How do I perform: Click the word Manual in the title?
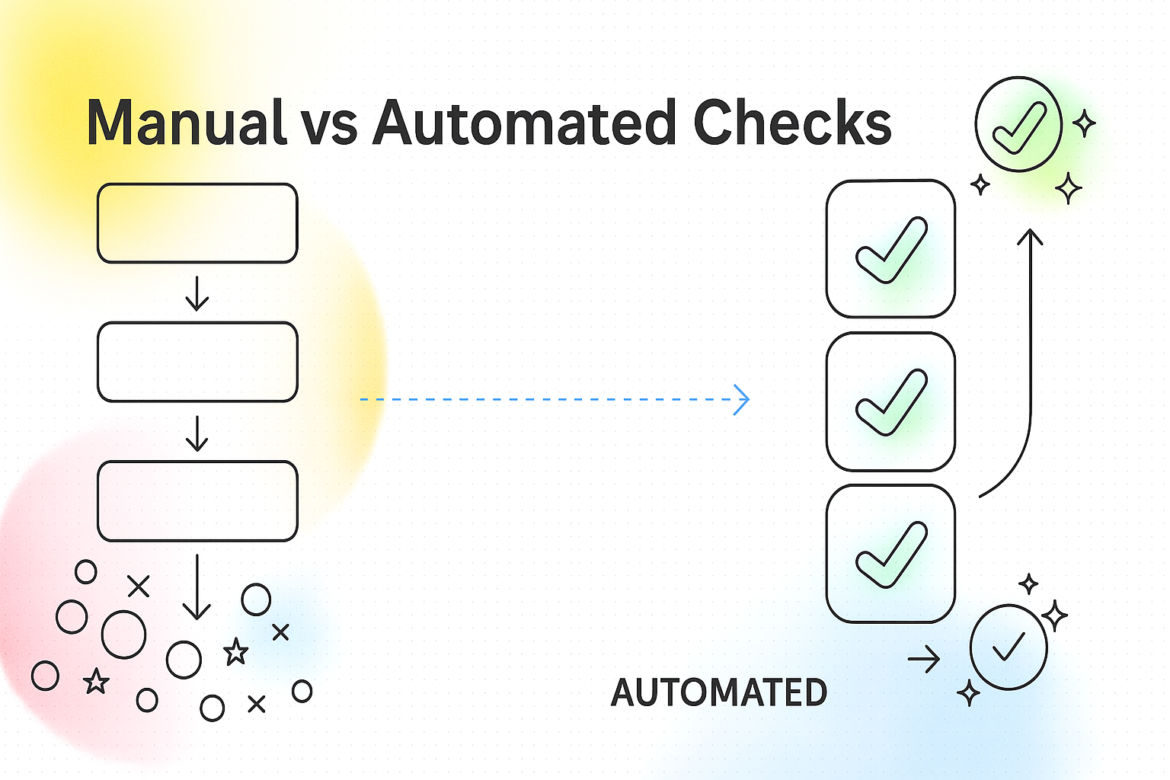[185, 123]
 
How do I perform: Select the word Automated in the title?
[524, 123]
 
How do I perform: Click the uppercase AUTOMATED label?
[718, 692]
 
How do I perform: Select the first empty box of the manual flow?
[197, 223]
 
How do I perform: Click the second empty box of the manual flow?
[197, 362]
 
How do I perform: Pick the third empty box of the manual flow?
[197, 500]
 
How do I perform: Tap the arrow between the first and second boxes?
[197, 294]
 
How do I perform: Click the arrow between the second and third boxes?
[197, 433]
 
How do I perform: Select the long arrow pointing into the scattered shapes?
[197, 587]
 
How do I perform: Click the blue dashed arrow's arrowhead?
[742, 399]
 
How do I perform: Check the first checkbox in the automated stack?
[890, 249]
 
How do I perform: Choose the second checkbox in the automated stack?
[890, 401]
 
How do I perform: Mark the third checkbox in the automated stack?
[890, 554]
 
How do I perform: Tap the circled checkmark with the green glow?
[1018, 124]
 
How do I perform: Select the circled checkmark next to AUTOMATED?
[1009, 647]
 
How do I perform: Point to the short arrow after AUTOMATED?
[924, 659]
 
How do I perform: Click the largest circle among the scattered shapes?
[123, 634]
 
